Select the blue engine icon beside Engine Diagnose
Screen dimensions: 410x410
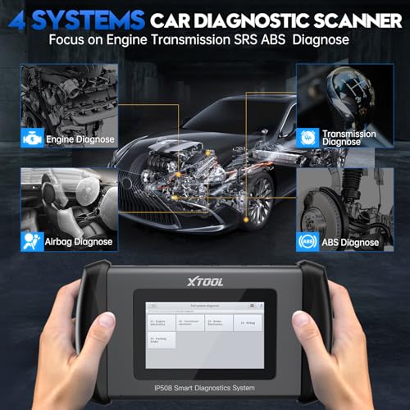30,140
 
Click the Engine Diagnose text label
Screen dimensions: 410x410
76,140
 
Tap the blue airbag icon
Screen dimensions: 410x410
30,242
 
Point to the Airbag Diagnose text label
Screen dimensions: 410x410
78,242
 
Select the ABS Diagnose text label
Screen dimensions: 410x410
352,242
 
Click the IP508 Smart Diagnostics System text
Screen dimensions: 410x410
205,364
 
